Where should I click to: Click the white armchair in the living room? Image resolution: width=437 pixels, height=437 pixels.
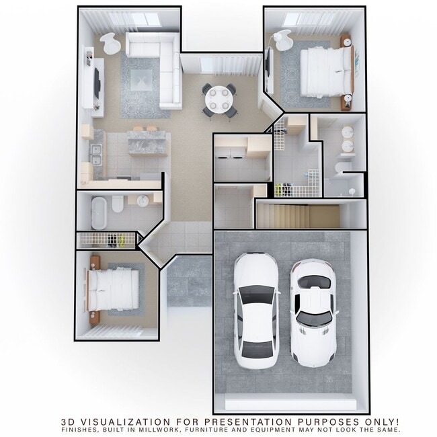[x=111, y=44]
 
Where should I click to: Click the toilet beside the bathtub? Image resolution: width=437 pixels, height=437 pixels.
[x=118, y=203]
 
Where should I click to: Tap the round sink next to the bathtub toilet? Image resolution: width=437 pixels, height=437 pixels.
[x=143, y=202]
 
